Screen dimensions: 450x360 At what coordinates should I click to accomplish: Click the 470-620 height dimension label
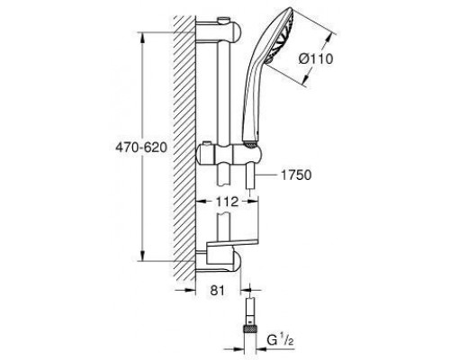(141, 148)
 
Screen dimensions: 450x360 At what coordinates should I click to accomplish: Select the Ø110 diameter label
(316, 58)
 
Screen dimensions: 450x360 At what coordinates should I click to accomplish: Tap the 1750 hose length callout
(296, 175)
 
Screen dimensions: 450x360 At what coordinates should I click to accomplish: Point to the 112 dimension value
(227, 202)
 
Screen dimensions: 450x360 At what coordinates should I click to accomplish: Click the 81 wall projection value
(218, 291)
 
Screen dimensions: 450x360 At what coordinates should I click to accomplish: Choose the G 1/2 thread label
(280, 341)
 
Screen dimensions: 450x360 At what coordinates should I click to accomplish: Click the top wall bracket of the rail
(219, 32)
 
